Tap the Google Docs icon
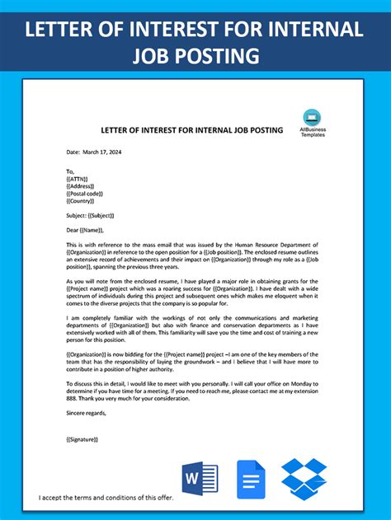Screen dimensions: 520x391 pos(252,479)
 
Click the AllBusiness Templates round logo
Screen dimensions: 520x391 pos(312,117)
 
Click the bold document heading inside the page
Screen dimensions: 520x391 pos(191,130)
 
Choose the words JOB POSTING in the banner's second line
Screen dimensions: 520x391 pos(195,56)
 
